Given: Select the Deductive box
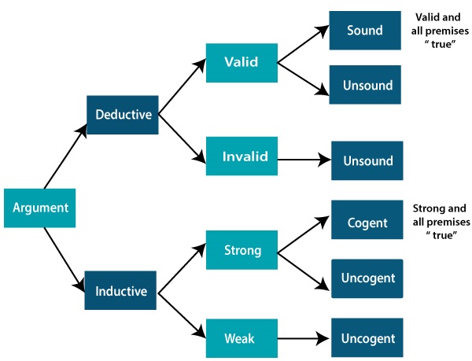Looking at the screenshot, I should click(123, 114).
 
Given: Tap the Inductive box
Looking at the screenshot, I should click(121, 291).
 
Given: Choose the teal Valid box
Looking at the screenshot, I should click(242, 63).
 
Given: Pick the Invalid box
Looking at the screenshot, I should click(242, 157).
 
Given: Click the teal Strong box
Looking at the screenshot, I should click(242, 251).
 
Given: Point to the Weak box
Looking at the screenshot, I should click(242, 338).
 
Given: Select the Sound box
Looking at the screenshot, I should click(365, 31).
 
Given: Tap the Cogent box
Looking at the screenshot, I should click(367, 223).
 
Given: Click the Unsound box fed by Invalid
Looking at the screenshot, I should click(367, 161).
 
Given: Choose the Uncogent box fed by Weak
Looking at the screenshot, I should click(367, 338).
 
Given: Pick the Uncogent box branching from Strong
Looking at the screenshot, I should click(367, 278).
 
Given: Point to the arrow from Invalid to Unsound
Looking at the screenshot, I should click(303, 160).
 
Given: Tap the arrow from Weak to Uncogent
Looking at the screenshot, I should click(303, 338).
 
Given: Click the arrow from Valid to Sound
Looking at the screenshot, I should click(302, 45).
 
